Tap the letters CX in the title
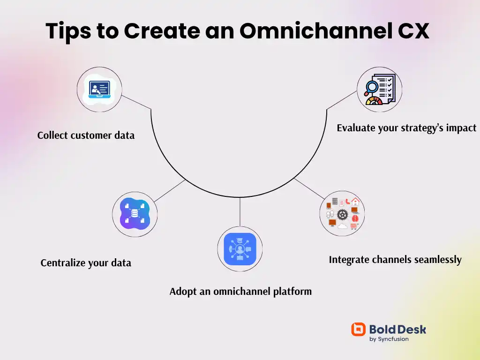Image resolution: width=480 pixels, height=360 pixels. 412,31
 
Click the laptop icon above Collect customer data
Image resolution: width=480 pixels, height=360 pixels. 99,90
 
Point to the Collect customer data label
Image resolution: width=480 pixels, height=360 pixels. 86,135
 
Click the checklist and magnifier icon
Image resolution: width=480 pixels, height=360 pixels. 379,90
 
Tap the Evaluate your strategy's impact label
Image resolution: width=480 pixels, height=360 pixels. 406,128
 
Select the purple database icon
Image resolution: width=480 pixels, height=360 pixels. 135,214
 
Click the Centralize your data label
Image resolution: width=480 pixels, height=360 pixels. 86,263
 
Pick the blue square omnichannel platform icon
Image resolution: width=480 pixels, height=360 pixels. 240,249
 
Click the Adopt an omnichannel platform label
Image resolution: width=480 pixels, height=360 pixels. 240,292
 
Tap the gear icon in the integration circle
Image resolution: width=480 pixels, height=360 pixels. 343,215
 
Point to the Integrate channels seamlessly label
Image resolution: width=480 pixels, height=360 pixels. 395,260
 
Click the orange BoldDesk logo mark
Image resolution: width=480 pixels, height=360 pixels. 358,330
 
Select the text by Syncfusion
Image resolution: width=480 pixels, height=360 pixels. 389,339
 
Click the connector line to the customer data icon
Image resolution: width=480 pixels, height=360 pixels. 136,103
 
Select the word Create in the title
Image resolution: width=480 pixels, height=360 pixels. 161,31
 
